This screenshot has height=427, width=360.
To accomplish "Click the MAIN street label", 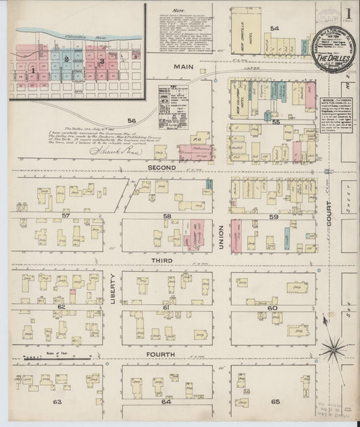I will point(184,68).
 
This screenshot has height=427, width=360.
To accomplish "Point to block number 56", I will point(131,120).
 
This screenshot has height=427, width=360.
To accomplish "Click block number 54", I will point(275,28).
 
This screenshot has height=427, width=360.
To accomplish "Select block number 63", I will point(57,402).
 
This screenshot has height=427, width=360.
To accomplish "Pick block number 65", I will point(275,402).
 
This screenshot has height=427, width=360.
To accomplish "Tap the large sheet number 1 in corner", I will point(348,12).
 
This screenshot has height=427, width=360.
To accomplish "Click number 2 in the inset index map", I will point(66,59).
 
